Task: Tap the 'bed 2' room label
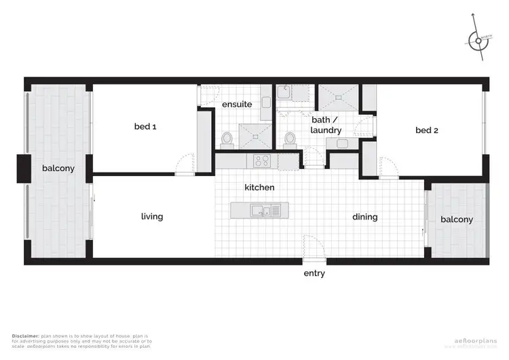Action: pyautogui.click(x=426, y=130)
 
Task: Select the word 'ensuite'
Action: pyautogui.click(x=237, y=105)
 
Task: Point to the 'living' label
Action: pyautogui.click(x=151, y=217)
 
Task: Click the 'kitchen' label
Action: pyautogui.click(x=260, y=187)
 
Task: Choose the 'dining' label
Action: pyautogui.click(x=364, y=217)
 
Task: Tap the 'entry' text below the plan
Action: pyautogui.click(x=314, y=274)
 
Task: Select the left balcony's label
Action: pyautogui.click(x=58, y=168)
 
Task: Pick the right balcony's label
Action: pyautogui.click(x=456, y=219)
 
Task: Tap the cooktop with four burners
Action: pyautogui.click(x=262, y=161)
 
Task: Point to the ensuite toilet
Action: pyautogui.click(x=227, y=139)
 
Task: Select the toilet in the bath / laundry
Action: pyautogui.click(x=290, y=139)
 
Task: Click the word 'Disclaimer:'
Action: pyautogui.click(x=26, y=336)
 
